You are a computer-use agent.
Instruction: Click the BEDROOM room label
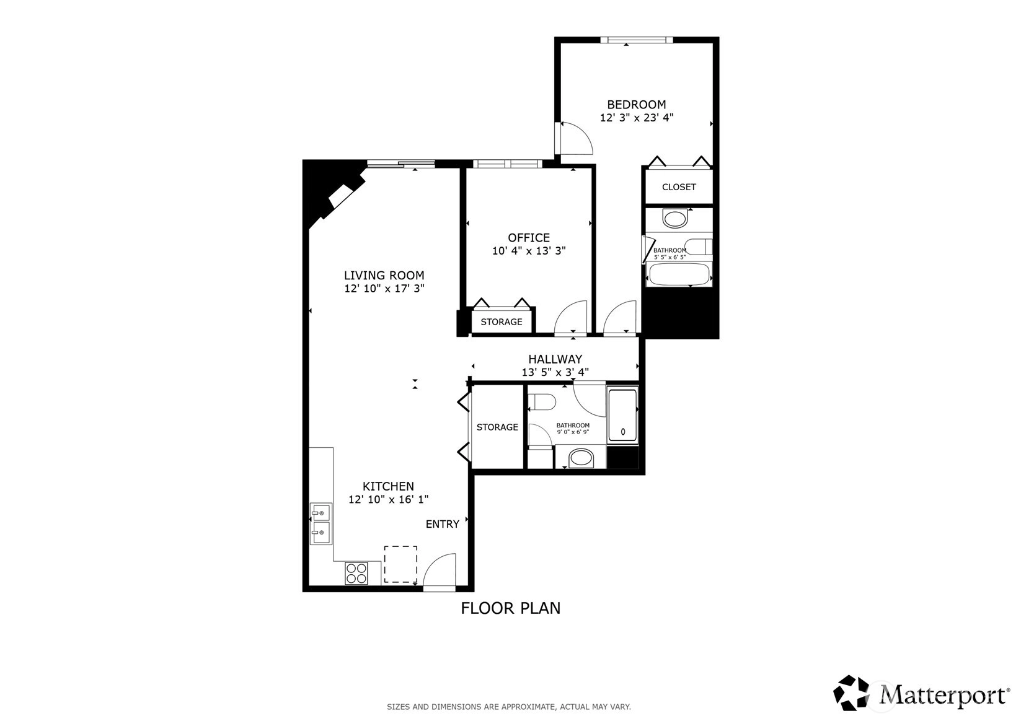[x=636, y=104]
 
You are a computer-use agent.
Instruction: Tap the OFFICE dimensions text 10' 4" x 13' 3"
[x=529, y=251]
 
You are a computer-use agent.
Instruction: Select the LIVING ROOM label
[x=384, y=276]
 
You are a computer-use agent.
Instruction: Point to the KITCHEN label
[x=388, y=486]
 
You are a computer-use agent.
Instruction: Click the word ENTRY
[x=442, y=524]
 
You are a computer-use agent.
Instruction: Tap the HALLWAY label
[x=555, y=359]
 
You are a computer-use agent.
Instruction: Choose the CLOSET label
[x=679, y=187]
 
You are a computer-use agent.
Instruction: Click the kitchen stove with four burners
[x=356, y=574]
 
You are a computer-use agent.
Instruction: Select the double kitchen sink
[x=321, y=523]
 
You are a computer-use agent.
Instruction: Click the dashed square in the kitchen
[x=400, y=564]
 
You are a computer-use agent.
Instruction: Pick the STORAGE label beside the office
[x=502, y=322]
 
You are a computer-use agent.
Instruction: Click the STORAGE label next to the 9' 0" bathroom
[x=497, y=427]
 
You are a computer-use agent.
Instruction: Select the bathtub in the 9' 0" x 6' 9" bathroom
[x=622, y=414]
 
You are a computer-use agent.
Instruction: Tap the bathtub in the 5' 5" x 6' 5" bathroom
[x=679, y=274]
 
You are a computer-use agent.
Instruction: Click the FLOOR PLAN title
[x=511, y=608]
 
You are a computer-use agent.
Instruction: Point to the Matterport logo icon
[x=851, y=693]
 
